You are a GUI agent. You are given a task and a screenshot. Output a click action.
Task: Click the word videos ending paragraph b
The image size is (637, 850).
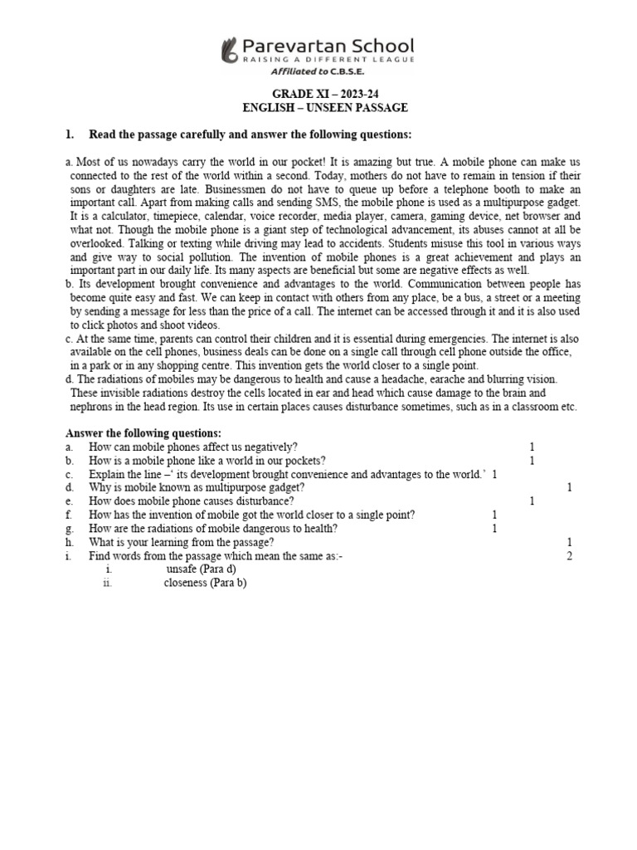point(199,325)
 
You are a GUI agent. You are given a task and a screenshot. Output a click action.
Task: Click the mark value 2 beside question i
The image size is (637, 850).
point(570,555)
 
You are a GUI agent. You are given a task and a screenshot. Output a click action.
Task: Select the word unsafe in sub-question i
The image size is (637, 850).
point(182,569)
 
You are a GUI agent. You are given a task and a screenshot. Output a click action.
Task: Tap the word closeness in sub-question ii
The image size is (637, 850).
point(187,582)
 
